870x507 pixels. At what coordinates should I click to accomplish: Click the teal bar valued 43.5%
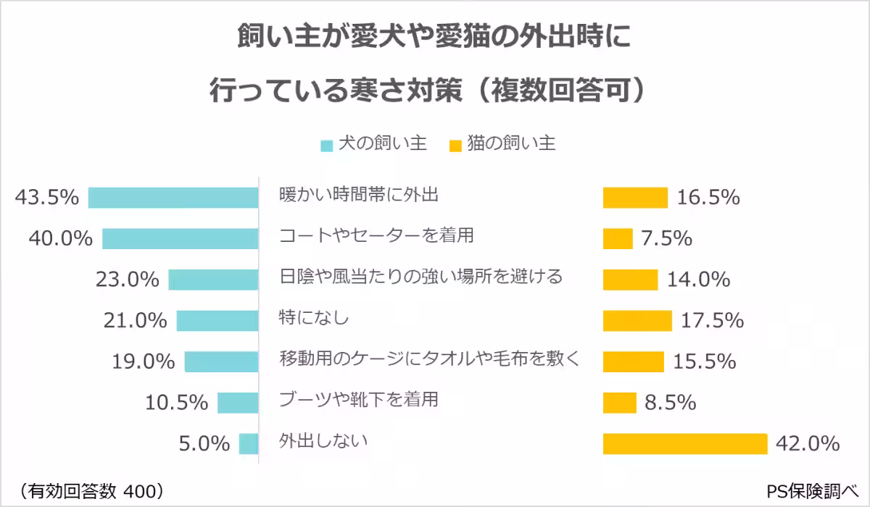pyautogui.click(x=173, y=198)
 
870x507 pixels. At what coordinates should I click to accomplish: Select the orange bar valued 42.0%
pyautogui.click(x=685, y=443)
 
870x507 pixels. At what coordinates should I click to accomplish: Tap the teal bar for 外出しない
pyautogui.click(x=249, y=443)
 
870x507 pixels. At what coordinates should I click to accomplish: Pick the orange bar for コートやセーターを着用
pyautogui.click(x=618, y=238)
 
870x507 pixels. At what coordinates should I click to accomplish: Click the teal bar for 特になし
pyautogui.click(x=217, y=320)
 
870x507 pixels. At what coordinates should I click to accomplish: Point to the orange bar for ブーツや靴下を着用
pyautogui.click(x=620, y=402)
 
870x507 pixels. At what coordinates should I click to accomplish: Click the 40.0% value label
pyautogui.click(x=61, y=238)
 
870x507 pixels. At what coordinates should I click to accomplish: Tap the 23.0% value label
pyautogui.click(x=128, y=280)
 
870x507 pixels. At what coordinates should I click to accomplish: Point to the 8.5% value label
pyautogui.click(x=670, y=402)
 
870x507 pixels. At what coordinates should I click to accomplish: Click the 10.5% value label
pyautogui.click(x=177, y=402)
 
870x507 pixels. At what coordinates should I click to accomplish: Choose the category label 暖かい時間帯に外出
pyautogui.click(x=360, y=195)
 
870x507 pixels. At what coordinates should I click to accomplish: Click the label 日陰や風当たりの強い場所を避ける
pyautogui.click(x=421, y=277)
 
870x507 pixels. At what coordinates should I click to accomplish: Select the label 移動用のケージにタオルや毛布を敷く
pyautogui.click(x=431, y=359)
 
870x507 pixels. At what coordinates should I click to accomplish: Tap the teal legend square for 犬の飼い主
pyautogui.click(x=327, y=146)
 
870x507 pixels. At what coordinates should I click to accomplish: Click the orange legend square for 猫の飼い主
pyautogui.click(x=455, y=146)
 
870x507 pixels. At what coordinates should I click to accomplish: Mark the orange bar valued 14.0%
pyautogui.click(x=630, y=280)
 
